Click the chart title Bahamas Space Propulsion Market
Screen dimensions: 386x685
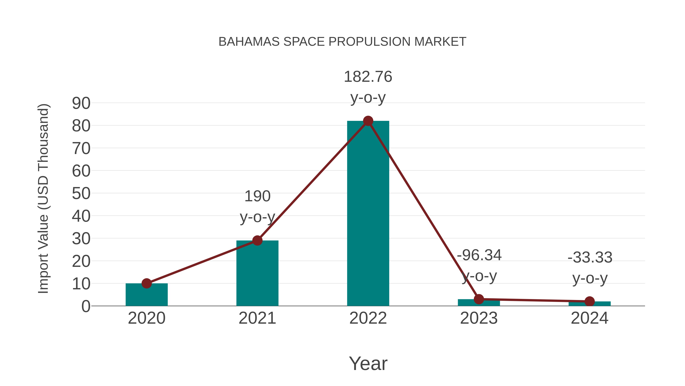(x=342, y=42)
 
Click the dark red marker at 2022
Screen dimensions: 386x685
(x=368, y=121)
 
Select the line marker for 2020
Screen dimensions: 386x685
(x=147, y=283)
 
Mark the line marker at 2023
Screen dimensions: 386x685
(x=479, y=299)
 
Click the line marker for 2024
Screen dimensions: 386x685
(x=589, y=301)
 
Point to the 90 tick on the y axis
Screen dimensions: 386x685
(x=81, y=103)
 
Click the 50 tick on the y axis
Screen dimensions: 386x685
(x=81, y=194)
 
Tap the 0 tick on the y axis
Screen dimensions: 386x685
(x=86, y=306)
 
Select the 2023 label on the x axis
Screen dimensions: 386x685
(x=479, y=318)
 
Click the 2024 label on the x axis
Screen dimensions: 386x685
(x=589, y=318)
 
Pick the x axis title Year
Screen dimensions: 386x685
(x=368, y=363)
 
